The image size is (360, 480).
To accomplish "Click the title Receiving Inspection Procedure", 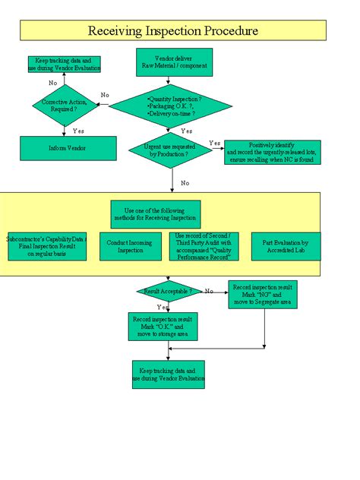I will click(x=173, y=30).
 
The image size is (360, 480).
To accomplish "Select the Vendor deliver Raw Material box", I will click(x=174, y=62).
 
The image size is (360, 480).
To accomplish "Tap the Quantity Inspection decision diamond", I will click(x=174, y=106).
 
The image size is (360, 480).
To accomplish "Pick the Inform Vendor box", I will click(x=68, y=148).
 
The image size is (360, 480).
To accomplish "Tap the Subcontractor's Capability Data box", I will click(x=47, y=248).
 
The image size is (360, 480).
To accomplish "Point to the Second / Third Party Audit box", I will click(x=207, y=246).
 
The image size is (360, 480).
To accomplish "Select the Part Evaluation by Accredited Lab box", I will click(x=285, y=248).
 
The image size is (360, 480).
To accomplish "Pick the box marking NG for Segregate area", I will click(x=263, y=294).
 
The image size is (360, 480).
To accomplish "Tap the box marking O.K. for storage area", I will click(x=164, y=326).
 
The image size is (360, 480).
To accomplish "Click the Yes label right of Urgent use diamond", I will click(x=215, y=143).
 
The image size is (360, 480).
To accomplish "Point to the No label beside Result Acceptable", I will click(x=208, y=291).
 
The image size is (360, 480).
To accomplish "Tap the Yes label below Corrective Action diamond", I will click(x=78, y=131).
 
